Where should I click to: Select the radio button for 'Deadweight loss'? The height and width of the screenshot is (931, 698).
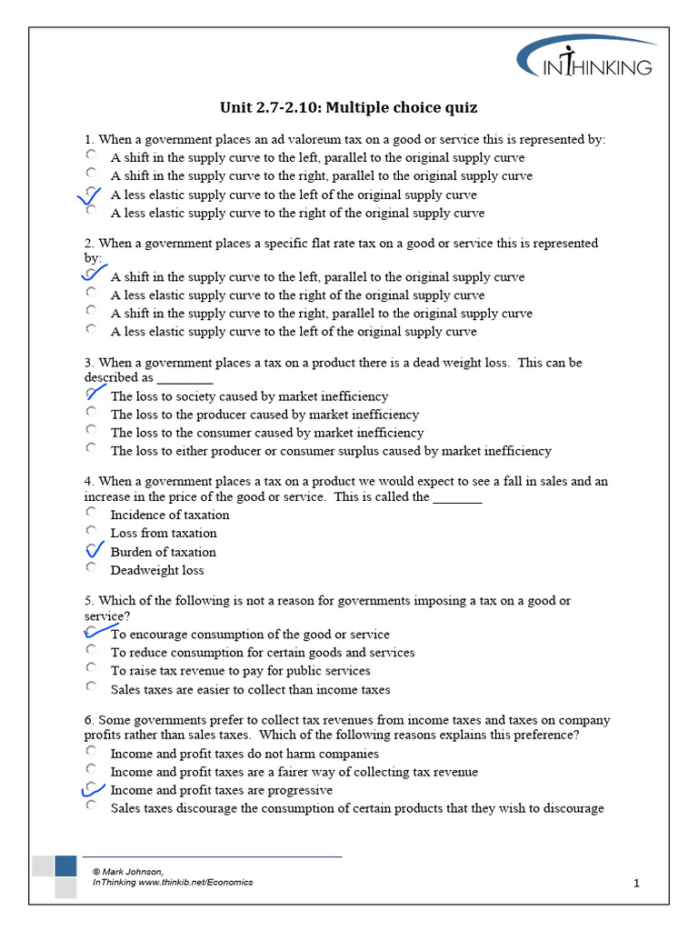(91, 568)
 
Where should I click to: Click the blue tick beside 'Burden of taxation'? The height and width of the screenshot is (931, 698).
(94, 550)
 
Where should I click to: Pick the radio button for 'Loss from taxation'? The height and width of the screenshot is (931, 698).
(91, 531)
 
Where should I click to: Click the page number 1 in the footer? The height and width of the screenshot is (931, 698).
(637, 883)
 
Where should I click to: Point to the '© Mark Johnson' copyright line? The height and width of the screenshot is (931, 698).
(128, 871)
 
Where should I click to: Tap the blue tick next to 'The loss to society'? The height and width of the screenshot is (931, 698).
(93, 395)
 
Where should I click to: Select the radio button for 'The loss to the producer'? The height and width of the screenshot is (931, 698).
(91, 413)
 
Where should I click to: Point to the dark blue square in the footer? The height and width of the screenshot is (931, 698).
(65, 865)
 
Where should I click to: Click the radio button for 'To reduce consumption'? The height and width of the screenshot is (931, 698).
(91, 651)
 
